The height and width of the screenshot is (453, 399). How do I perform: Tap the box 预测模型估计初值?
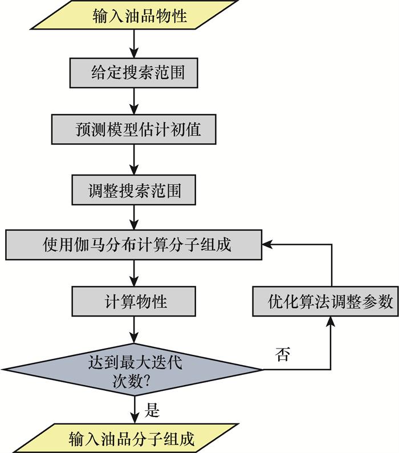coord(134,130)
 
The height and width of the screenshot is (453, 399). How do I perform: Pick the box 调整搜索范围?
coord(134,189)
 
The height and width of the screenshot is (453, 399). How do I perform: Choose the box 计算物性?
coord(133,301)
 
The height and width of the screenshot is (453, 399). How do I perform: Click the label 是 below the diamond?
coord(153,409)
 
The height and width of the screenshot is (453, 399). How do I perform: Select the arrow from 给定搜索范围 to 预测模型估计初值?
coord(133,102)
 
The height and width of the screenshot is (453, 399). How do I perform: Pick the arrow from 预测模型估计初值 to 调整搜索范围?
coord(133,160)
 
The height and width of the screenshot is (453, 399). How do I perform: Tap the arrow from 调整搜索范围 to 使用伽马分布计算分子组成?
coord(133,217)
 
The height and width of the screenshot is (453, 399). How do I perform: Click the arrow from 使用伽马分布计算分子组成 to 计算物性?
coord(133,273)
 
